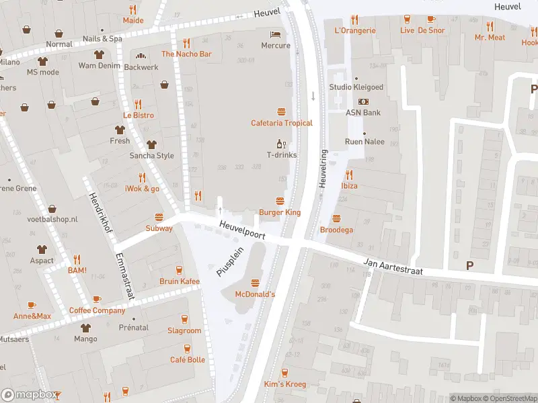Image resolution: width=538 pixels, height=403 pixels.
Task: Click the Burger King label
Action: [x=280, y=212]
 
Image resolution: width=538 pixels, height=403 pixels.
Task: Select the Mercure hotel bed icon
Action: [x=275, y=34]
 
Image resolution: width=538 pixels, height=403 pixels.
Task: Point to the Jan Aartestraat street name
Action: [x=395, y=267]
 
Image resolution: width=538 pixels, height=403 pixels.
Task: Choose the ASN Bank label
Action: [x=363, y=112]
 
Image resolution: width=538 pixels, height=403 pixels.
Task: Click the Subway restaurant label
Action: [x=159, y=228]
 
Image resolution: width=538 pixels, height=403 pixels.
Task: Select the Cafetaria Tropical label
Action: [x=282, y=123]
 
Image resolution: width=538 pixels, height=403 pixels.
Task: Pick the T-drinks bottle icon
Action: [x=281, y=144]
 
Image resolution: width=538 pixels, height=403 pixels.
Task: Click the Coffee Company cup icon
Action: [x=97, y=299]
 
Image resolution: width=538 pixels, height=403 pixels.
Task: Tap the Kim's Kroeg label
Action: [x=285, y=384]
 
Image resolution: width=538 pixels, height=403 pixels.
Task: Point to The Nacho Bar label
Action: [x=186, y=54]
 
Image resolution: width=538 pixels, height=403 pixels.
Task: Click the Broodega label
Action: [x=336, y=230]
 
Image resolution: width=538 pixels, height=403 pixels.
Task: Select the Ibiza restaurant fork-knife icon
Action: [x=349, y=175]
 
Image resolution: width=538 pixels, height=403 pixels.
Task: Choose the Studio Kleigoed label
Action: [x=356, y=87]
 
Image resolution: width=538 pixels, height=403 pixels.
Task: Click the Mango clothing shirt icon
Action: [x=85, y=328]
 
